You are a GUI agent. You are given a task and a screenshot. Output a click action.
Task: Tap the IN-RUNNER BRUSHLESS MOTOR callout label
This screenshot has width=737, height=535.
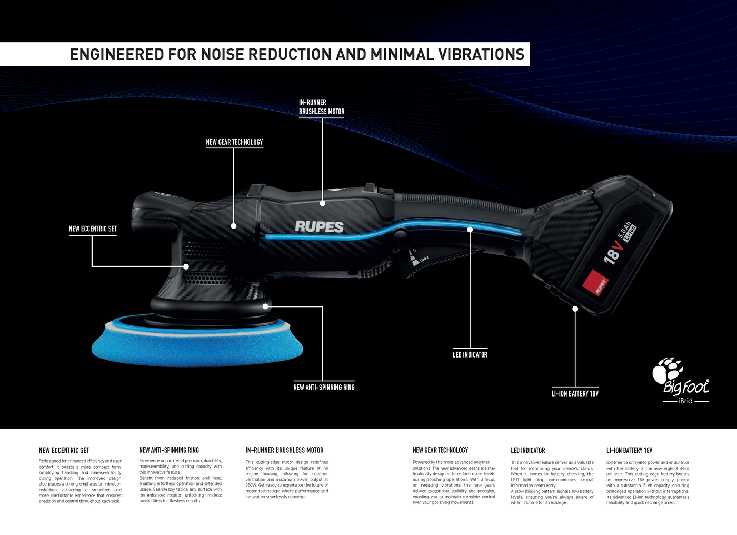321,107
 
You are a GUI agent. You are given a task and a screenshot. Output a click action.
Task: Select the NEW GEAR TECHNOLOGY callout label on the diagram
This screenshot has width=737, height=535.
234,142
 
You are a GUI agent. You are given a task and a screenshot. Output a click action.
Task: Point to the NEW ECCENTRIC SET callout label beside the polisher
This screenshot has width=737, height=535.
93,229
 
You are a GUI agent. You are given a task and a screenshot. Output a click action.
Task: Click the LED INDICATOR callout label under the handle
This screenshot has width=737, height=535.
470,355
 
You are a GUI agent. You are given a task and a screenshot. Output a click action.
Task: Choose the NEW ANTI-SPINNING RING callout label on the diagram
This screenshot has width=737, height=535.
324,388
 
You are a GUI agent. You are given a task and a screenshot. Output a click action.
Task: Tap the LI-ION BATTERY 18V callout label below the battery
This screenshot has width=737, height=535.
575,394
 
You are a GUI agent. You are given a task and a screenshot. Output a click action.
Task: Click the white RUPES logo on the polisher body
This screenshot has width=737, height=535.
319,227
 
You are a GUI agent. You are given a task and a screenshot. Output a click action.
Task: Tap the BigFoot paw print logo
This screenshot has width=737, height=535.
667,371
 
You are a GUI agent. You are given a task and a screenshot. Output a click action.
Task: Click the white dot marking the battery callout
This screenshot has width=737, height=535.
575,309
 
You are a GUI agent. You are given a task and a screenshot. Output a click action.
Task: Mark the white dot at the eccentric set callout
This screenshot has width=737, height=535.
186,266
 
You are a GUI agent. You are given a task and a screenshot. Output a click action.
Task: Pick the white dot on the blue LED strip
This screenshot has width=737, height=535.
470,230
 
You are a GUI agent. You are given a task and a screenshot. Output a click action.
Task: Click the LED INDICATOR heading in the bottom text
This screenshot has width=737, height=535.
527,451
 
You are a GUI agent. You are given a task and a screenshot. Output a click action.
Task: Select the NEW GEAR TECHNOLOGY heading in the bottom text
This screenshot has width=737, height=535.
440,450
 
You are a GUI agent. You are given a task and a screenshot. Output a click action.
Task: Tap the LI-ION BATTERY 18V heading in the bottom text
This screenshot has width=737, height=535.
629,451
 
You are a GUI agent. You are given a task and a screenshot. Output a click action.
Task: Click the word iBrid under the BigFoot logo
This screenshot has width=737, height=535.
685,401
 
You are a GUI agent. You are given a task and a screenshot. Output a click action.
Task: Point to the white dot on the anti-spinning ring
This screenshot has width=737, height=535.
266,306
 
